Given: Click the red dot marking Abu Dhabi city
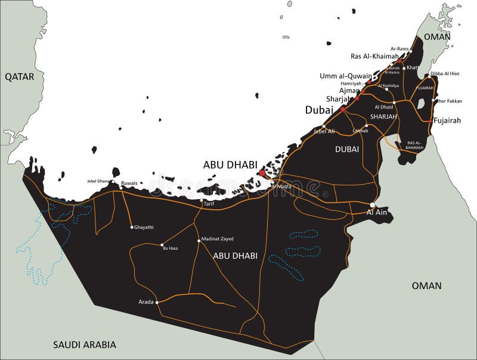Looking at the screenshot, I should point(262,173).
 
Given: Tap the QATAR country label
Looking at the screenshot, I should point(20,77).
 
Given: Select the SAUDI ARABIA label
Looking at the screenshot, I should point(85,345).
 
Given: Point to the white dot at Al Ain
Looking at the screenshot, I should point(372,205).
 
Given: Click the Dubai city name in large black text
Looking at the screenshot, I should point(319,110).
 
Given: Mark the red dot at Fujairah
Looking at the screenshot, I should point(430,120).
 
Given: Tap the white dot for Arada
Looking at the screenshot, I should point(157,302).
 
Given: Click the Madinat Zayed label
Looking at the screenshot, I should point(217,238).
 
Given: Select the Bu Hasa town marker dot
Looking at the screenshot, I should point(162,244).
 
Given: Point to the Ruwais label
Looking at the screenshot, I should point(129,183).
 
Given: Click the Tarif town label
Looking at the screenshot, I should point(209,204).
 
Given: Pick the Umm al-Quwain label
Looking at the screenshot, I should point(345,76).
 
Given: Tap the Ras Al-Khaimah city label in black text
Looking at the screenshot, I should point(374,56).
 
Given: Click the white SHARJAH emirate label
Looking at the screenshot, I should point(383,117).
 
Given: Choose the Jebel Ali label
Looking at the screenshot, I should point(324,131).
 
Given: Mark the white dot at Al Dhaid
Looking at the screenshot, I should point(394,103).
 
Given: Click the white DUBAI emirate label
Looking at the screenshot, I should point(347,149).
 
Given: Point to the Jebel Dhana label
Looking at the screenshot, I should point(100,181).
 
